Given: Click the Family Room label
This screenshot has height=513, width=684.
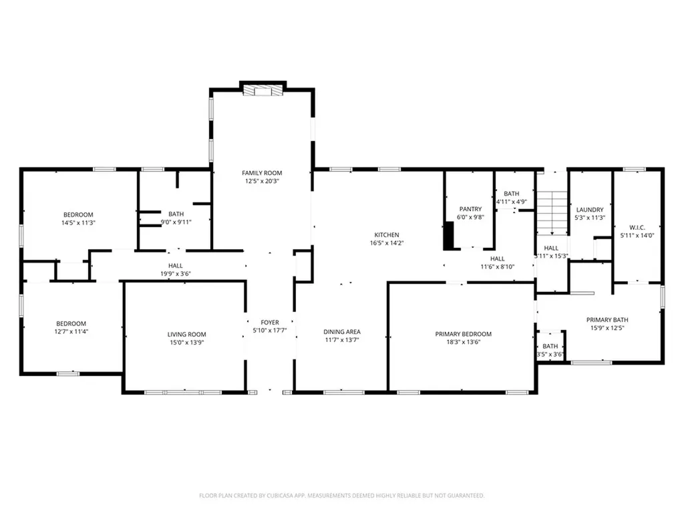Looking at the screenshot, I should [262, 173].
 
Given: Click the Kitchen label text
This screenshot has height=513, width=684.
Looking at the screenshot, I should [386, 235].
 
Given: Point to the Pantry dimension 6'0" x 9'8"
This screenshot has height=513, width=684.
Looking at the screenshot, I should [470, 217].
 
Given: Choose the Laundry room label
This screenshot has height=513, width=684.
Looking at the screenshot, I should [590, 209].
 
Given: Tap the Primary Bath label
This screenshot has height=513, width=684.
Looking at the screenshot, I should [607, 319].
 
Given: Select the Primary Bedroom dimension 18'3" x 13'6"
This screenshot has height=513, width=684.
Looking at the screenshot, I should [463, 342].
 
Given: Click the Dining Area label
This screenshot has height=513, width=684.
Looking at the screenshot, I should [342, 332].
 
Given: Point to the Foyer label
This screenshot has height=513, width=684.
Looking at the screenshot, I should [270, 323].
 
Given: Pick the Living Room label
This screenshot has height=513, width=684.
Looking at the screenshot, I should [186, 335].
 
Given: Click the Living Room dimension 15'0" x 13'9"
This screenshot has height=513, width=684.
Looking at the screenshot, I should [186, 343].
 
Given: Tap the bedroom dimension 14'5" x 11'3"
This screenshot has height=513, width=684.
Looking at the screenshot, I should [78, 222].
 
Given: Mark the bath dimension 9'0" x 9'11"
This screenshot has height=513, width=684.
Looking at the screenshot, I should [176, 222].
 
